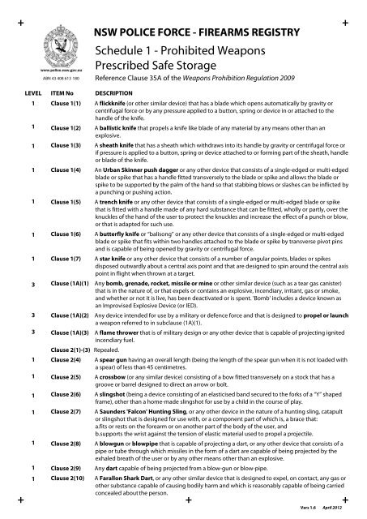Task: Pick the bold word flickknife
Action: click(115, 129)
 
